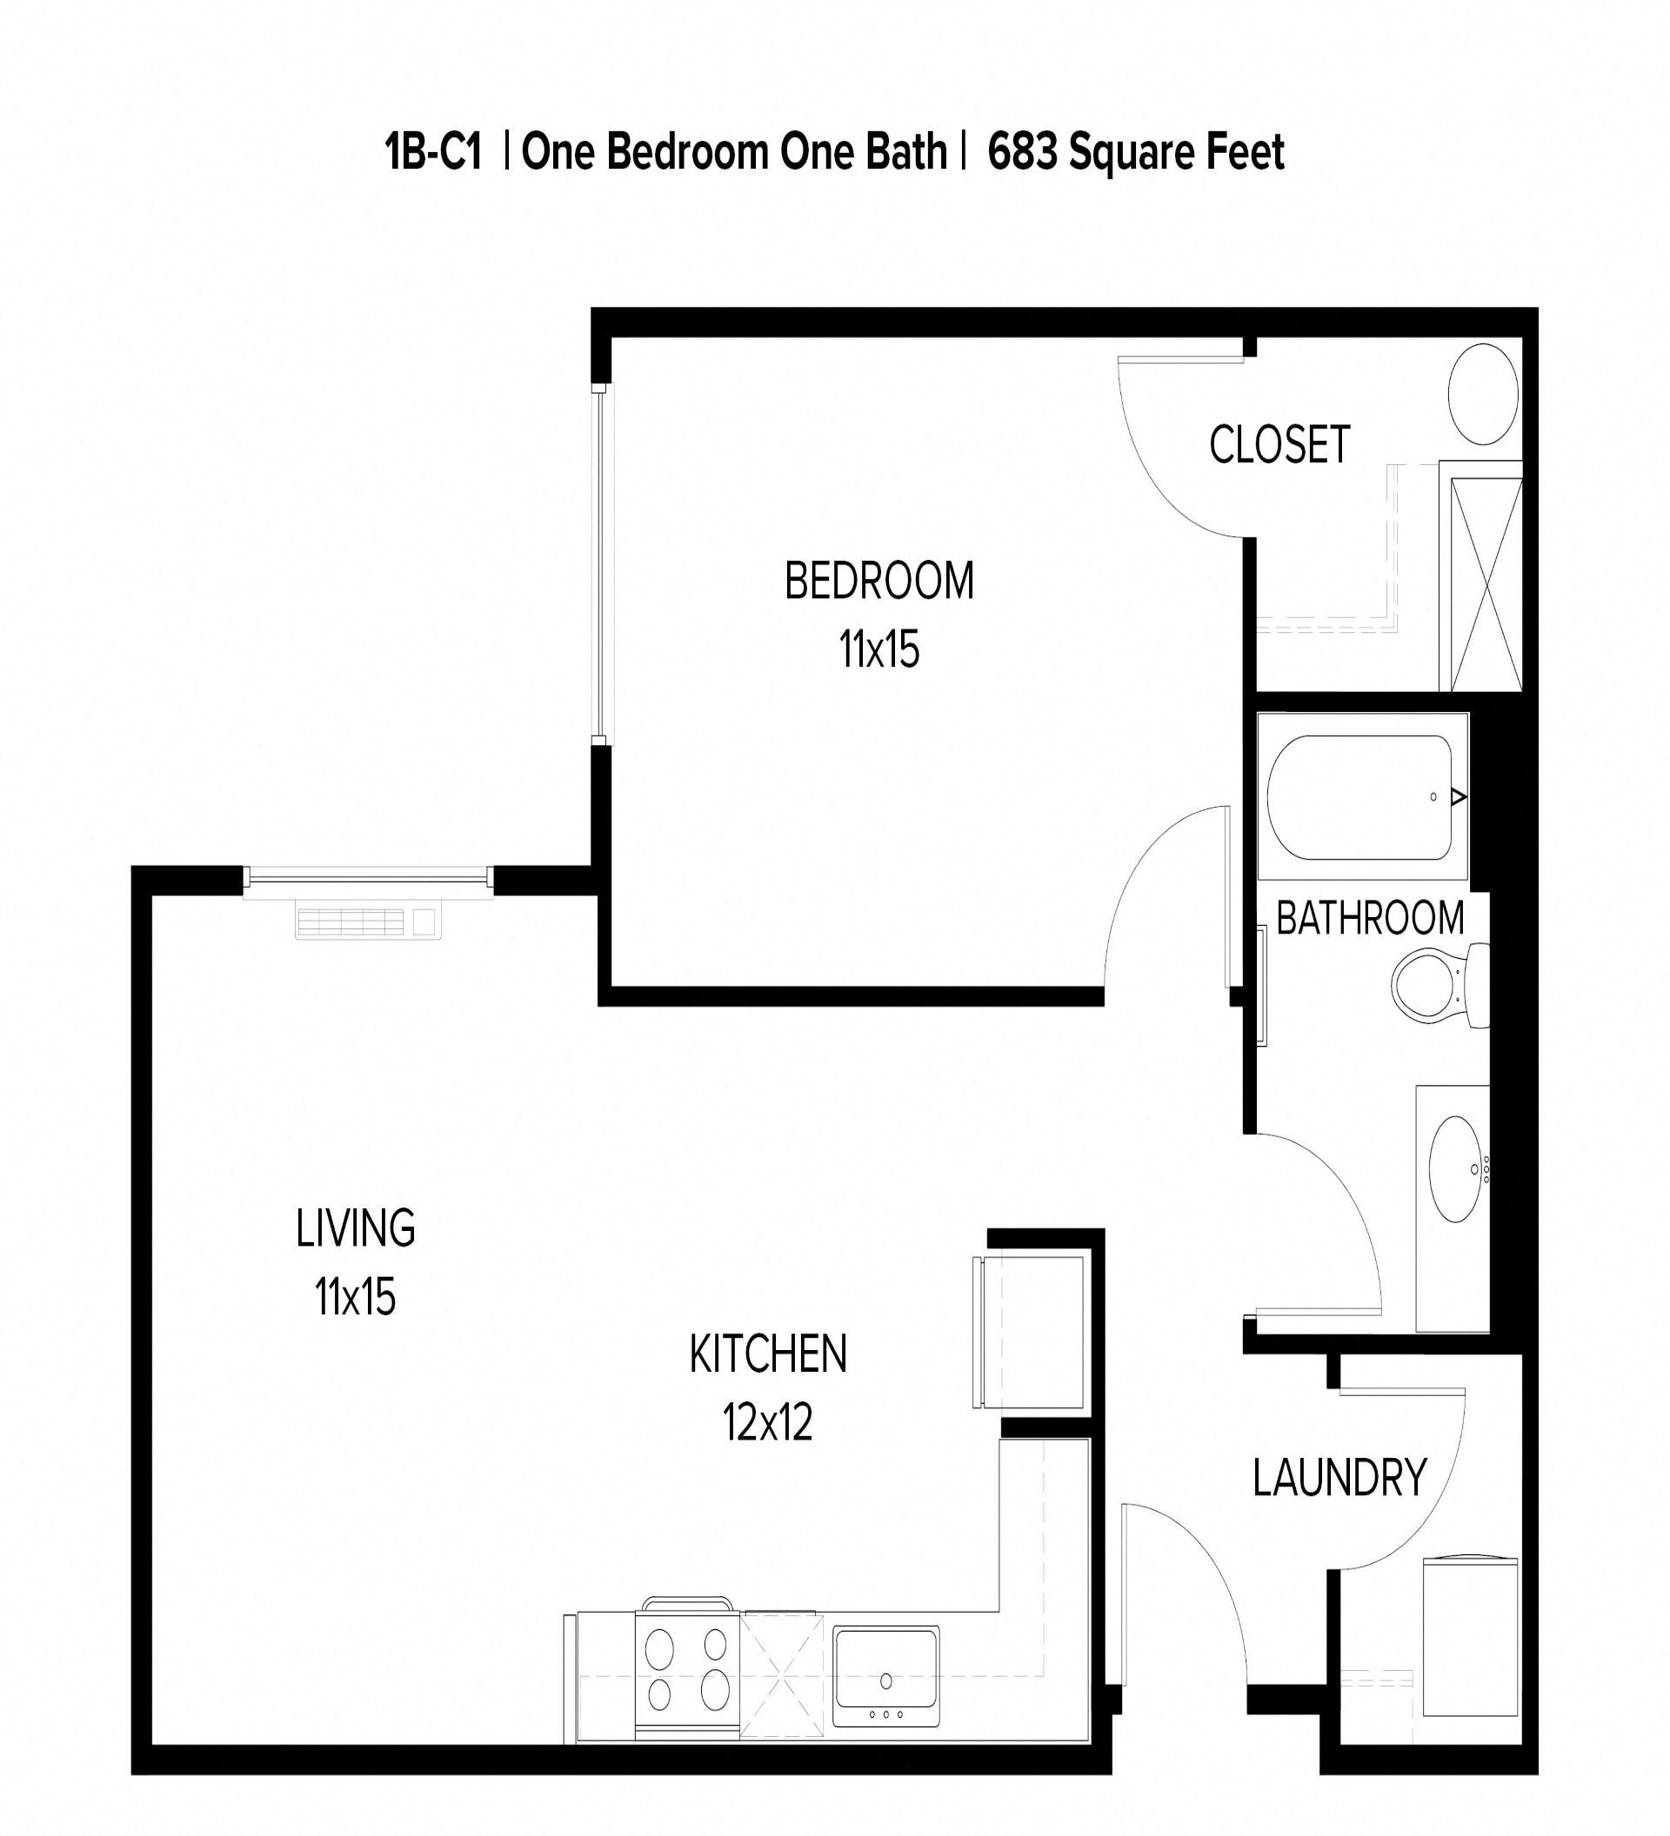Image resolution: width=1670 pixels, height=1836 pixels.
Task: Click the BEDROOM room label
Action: [x=878, y=581]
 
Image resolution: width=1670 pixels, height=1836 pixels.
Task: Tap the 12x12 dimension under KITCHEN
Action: [x=767, y=1421]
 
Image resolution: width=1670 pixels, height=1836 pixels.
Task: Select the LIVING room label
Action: [x=356, y=1227]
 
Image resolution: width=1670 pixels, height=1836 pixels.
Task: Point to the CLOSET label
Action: [x=1279, y=445]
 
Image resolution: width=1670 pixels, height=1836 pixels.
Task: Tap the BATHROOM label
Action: [x=1369, y=918]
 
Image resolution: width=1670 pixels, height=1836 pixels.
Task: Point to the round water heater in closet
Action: [x=1482, y=394]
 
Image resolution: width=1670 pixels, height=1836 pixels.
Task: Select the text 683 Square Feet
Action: [x=1135, y=152]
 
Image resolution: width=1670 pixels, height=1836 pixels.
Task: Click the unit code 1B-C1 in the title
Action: [x=433, y=152]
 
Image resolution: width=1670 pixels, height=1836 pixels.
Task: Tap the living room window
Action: [x=369, y=878]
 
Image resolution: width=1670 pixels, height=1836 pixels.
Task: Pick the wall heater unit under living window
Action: [x=368, y=921]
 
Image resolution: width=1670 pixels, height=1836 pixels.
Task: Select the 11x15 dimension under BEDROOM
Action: [x=878, y=650]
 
